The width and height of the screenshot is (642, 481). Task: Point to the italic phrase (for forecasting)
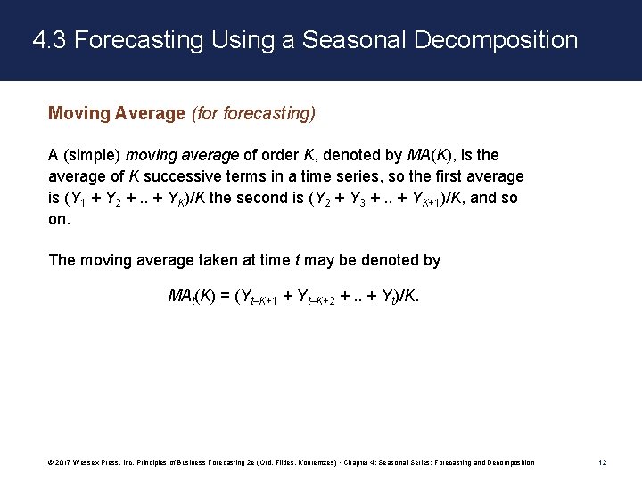tap(253, 113)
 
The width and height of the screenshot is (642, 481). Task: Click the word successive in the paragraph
tap(194, 176)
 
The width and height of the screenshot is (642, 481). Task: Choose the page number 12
tap(604, 462)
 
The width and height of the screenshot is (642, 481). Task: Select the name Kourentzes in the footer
tap(311, 462)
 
